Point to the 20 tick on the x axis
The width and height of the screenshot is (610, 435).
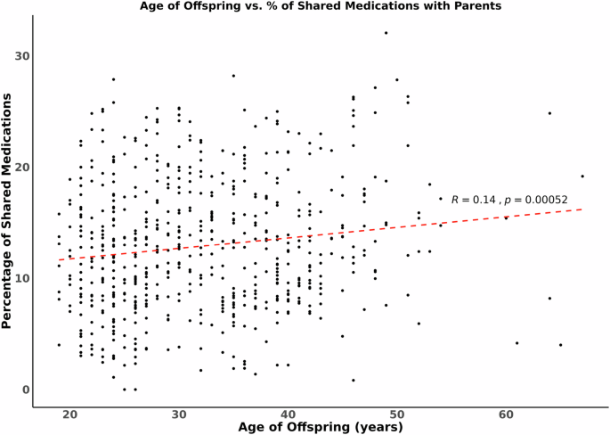tap(69, 414)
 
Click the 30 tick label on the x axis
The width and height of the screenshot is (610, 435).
tap(179, 414)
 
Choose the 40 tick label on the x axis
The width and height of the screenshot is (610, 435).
tap(288, 414)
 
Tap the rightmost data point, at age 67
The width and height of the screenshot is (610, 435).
tap(582, 176)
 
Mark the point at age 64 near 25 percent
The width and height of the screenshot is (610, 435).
tap(549, 113)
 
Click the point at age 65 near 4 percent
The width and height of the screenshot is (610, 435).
tap(560, 345)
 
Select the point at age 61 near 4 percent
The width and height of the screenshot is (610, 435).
tap(516, 343)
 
